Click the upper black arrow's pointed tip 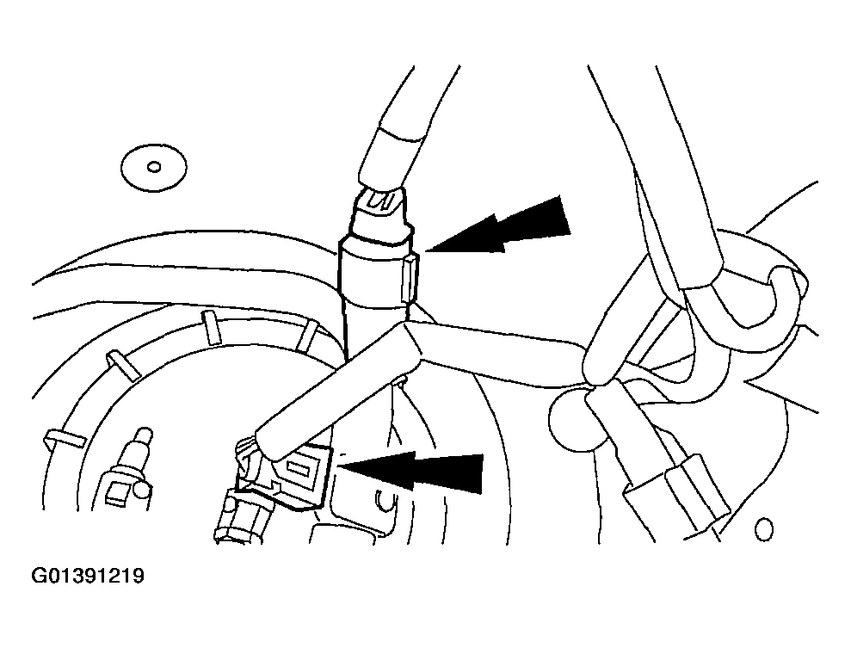pos(427,251)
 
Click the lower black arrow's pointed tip pos(339,465)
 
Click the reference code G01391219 pos(88,575)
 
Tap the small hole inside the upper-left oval pos(154,167)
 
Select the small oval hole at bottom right pos(764,529)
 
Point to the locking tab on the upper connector pos(410,279)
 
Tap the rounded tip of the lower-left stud pos(145,432)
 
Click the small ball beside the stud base pos(141,489)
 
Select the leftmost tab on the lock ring pos(63,437)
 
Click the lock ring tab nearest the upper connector pos(306,334)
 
